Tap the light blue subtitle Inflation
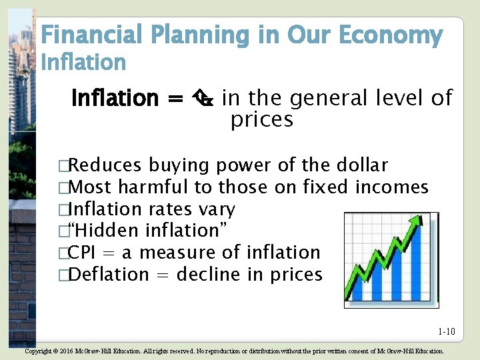tap(83, 63)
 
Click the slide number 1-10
tap(446, 331)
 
